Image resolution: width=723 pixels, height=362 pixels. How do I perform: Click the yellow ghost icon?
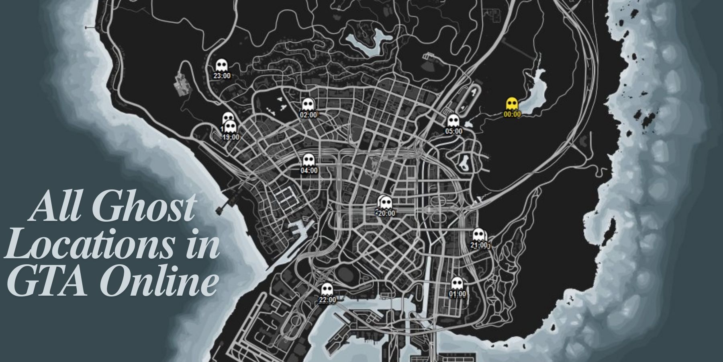click(x=511, y=104)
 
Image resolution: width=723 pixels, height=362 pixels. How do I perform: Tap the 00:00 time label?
click(x=512, y=114)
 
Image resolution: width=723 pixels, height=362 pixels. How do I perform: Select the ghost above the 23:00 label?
click(x=221, y=65)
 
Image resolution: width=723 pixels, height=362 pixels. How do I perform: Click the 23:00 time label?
click(x=222, y=76)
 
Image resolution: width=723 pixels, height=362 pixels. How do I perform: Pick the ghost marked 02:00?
click(x=308, y=105)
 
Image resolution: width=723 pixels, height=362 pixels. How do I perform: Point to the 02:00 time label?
click(x=308, y=115)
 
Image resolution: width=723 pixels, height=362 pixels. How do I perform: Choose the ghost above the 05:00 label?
click(x=453, y=121)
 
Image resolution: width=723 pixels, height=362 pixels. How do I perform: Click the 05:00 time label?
click(x=453, y=131)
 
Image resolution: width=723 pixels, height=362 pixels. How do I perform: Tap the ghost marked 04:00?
click(x=308, y=160)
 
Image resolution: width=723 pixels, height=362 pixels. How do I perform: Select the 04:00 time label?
click(x=309, y=171)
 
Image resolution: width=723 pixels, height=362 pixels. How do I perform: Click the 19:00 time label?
click(x=231, y=137)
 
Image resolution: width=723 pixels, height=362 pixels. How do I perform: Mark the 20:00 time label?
click(x=386, y=214)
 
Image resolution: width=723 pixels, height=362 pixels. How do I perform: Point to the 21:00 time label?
click(x=478, y=245)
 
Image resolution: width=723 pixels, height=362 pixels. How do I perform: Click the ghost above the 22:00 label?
click(x=327, y=289)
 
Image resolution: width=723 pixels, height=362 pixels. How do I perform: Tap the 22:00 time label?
click(x=327, y=300)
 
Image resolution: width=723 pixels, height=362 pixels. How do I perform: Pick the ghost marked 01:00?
click(x=457, y=284)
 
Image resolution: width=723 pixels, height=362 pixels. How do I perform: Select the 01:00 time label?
click(x=457, y=294)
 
